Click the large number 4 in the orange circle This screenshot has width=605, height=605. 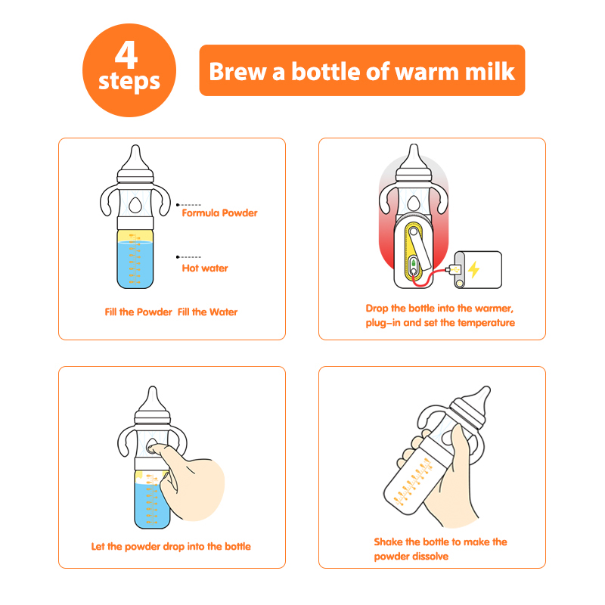(126, 54)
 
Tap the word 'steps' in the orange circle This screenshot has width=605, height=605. (129, 82)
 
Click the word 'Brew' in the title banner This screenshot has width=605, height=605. (237, 72)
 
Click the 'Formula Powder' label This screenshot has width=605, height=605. (219, 213)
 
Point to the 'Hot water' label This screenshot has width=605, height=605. (205, 268)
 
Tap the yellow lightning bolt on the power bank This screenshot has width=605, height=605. (474, 269)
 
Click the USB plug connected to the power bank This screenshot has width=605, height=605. (454, 269)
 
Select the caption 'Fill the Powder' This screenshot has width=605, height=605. (138, 312)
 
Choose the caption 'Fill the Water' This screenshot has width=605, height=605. (207, 312)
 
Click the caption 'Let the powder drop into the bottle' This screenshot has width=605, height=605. (171, 546)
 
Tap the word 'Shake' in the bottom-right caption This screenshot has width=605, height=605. (388, 541)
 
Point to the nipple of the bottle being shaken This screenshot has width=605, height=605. (479, 399)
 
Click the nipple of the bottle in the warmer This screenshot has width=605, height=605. (414, 157)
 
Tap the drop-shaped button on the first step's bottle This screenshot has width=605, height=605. (135, 205)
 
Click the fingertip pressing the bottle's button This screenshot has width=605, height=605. (153, 448)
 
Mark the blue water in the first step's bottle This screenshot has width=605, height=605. (135, 265)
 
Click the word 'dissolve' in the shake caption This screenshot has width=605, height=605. (430, 557)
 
